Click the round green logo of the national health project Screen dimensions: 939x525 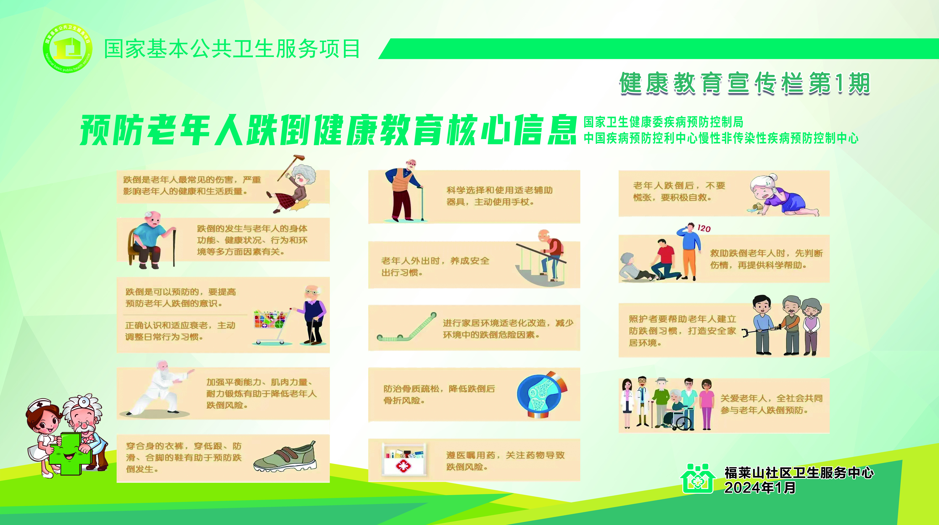coord(67,48)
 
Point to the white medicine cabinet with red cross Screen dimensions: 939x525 coord(403,459)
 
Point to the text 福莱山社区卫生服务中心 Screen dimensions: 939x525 coord(799,472)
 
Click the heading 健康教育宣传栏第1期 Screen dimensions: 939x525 coord(745,83)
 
